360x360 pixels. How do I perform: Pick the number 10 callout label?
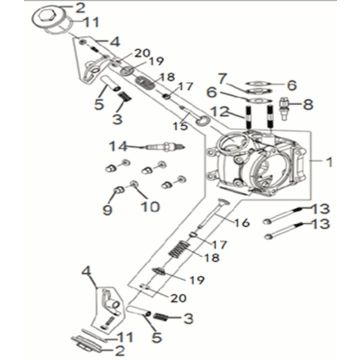point(152,208)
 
